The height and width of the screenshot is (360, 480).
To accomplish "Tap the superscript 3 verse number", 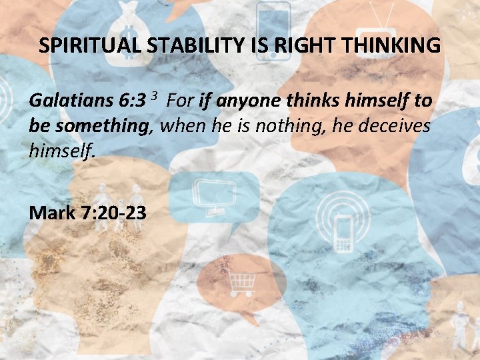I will (x=153, y=97).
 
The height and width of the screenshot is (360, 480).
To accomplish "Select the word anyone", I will (x=251, y=101).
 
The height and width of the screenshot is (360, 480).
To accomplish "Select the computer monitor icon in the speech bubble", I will (x=213, y=193).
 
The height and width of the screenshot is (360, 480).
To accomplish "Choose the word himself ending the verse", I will (x=62, y=151).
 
